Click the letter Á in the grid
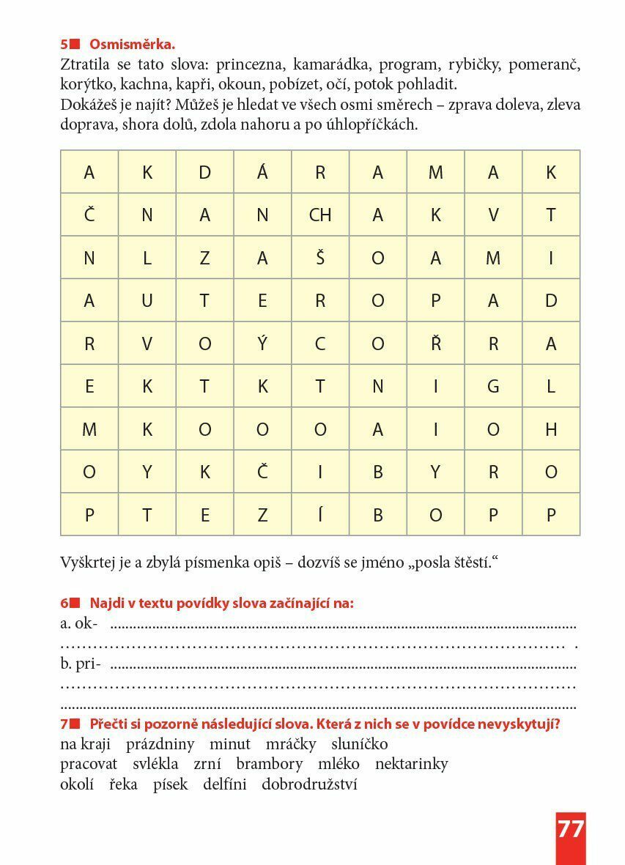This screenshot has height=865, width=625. pyautogui.click(x=262, y=172)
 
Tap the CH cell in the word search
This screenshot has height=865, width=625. pyautogui.click(x=320, y=215)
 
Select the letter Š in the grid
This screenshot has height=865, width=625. pyautogui.click(x=320, y=258)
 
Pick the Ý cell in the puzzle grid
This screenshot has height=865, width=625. pyautogui.click(x=262, y=344)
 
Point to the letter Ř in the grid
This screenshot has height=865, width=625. pyautogui.click(x=436, y=344)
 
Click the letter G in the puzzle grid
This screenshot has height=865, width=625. pyautogui.click(x=493, y=386)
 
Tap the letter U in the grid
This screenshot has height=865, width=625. pyautogui.click(x=147, y=300)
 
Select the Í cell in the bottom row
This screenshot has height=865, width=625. pyautogui.click(x=320, y=514)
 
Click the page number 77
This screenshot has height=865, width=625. pyautogui.click(x=571, y=828)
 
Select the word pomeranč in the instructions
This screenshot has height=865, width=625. pyautogui.click(x=544, y=64)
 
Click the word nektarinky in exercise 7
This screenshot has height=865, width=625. pyautogui.click(x=411, y=764)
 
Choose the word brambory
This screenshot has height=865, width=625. pyautogui.click(x=269, y=764)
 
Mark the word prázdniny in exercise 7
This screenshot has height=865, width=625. pyautogui.click(x=160, y=744)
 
